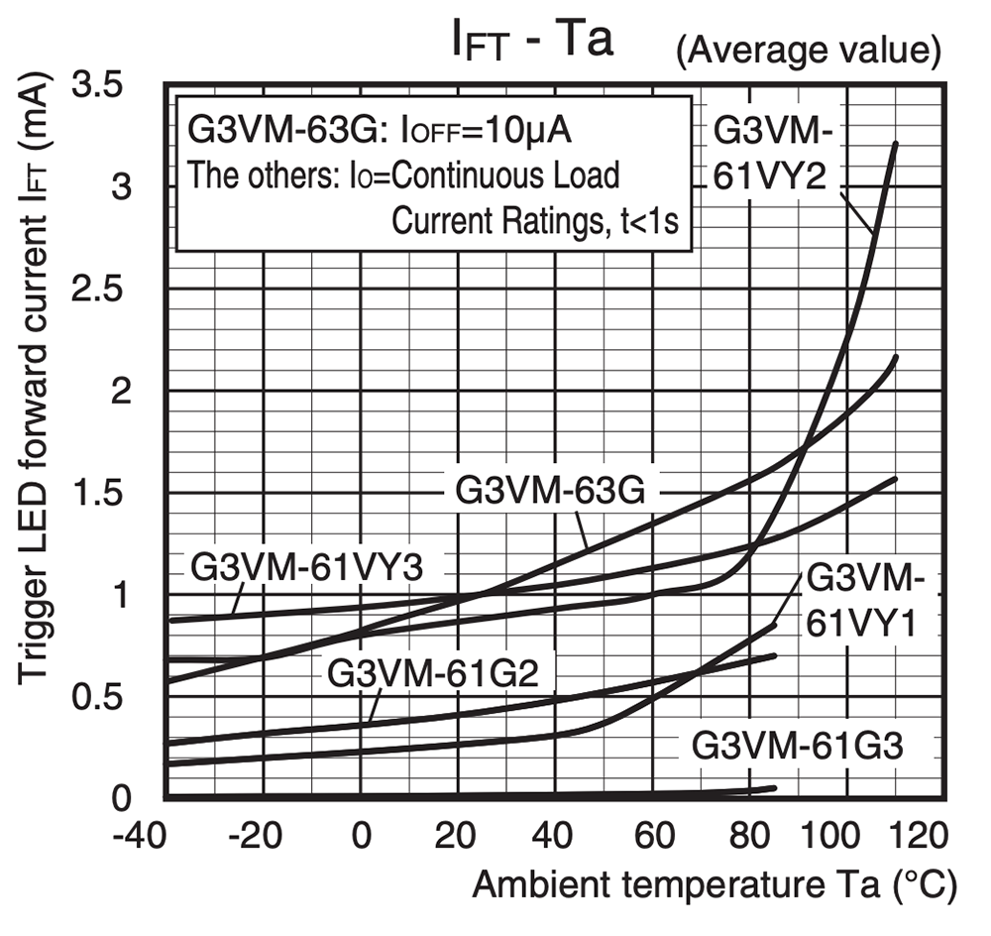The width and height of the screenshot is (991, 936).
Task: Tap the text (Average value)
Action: [807, 51]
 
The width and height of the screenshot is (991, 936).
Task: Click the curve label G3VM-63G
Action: [549, 491]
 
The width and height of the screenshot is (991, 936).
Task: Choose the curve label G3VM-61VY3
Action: [306, 569]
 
